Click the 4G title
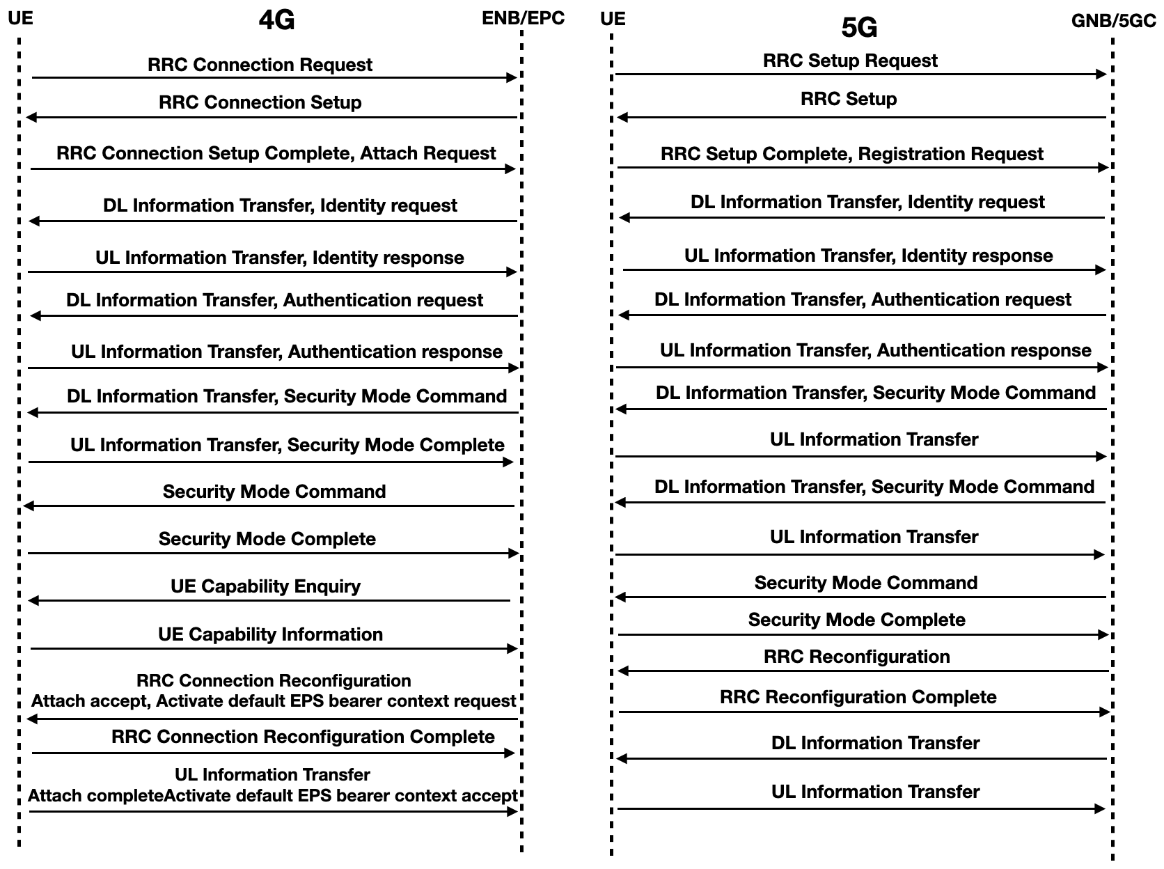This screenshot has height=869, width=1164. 276,21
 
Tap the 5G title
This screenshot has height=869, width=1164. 859,28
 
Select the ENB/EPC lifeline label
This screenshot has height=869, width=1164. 523,18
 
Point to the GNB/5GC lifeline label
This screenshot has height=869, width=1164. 1113,21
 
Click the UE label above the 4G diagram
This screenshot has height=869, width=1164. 20,17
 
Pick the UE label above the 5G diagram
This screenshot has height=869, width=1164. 613,18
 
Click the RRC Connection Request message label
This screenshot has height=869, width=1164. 260,65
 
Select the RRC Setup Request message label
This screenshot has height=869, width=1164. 850,61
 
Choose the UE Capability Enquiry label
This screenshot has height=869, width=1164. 265,586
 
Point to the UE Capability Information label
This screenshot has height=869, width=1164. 270,634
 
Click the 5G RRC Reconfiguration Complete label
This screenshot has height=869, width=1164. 858,697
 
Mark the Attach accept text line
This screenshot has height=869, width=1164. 274,701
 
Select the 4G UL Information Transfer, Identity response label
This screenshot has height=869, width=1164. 279,258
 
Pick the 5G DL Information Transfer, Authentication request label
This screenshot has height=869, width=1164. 863,299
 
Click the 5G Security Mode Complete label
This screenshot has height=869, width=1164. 856,620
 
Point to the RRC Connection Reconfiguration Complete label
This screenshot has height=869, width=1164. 303,737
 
